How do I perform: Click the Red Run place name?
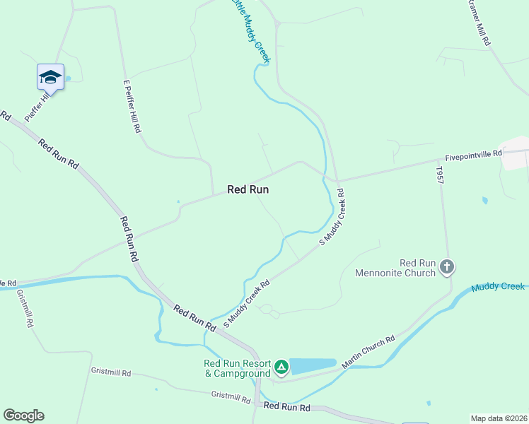[248, 189]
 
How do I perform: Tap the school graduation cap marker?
[50, 76]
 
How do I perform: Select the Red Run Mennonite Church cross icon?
[446, 266]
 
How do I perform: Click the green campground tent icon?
[281, 366]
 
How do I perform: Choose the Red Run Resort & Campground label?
[237, 368]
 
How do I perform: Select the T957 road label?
[439, 176]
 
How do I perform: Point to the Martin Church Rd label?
[368, 351]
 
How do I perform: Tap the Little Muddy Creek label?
[250, 31]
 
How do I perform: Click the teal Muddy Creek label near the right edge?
[499, 287]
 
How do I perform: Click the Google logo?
[23, 416]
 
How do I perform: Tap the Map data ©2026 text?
[498, 418]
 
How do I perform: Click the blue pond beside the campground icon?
[312, 365]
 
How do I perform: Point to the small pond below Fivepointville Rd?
[484, 201]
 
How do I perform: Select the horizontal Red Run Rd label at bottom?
[286, 407]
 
